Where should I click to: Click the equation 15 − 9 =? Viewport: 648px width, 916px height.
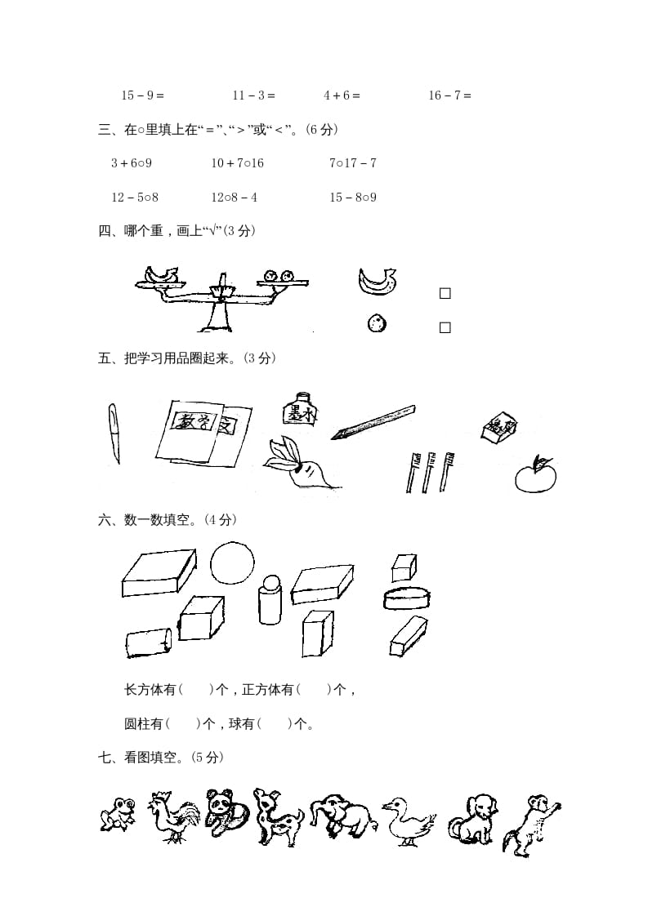point(143,96)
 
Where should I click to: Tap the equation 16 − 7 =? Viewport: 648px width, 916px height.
point(450,96)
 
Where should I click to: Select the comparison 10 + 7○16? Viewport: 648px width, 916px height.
point(237,163)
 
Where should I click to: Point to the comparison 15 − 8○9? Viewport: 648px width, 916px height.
point(352,197)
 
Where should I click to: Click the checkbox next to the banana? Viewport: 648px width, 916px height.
point(445,293)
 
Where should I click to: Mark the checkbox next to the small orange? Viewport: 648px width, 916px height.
point(445,327)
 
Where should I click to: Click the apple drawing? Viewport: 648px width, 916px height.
point(535,474)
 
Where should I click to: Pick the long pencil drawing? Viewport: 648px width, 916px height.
point(373,420)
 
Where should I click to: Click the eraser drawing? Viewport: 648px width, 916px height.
point(498,429)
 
